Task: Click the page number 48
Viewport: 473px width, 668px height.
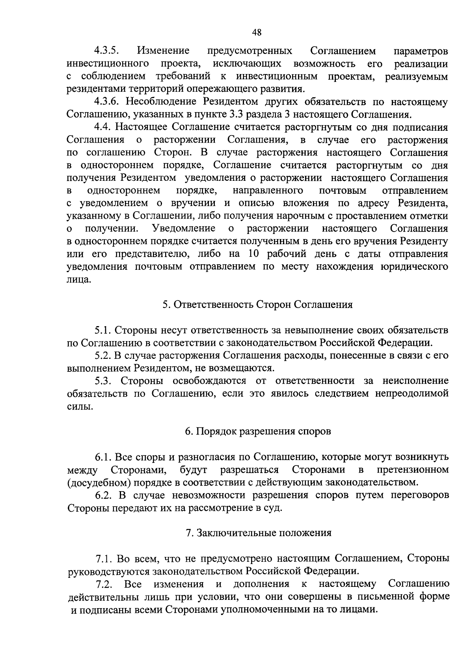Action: click(x=256, y=33)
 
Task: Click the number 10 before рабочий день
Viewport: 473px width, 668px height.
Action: click(x=254, y=254)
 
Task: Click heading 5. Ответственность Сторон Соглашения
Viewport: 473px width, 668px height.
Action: click(x=257, y=305)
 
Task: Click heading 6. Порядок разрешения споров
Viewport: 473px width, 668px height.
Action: click(x=258, y=432)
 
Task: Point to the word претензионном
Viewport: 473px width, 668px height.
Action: click(x=412, y=470)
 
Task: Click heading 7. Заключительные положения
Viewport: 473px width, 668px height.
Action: click(x=258, y=533)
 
